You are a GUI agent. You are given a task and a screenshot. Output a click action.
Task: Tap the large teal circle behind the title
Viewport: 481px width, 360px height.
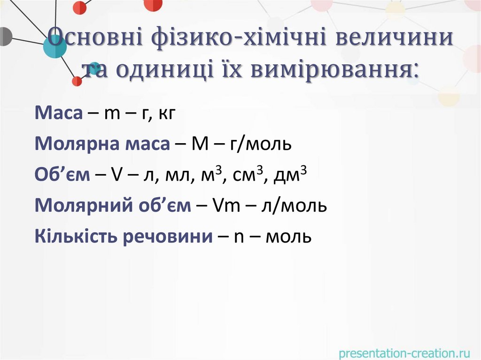pos(55,46)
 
